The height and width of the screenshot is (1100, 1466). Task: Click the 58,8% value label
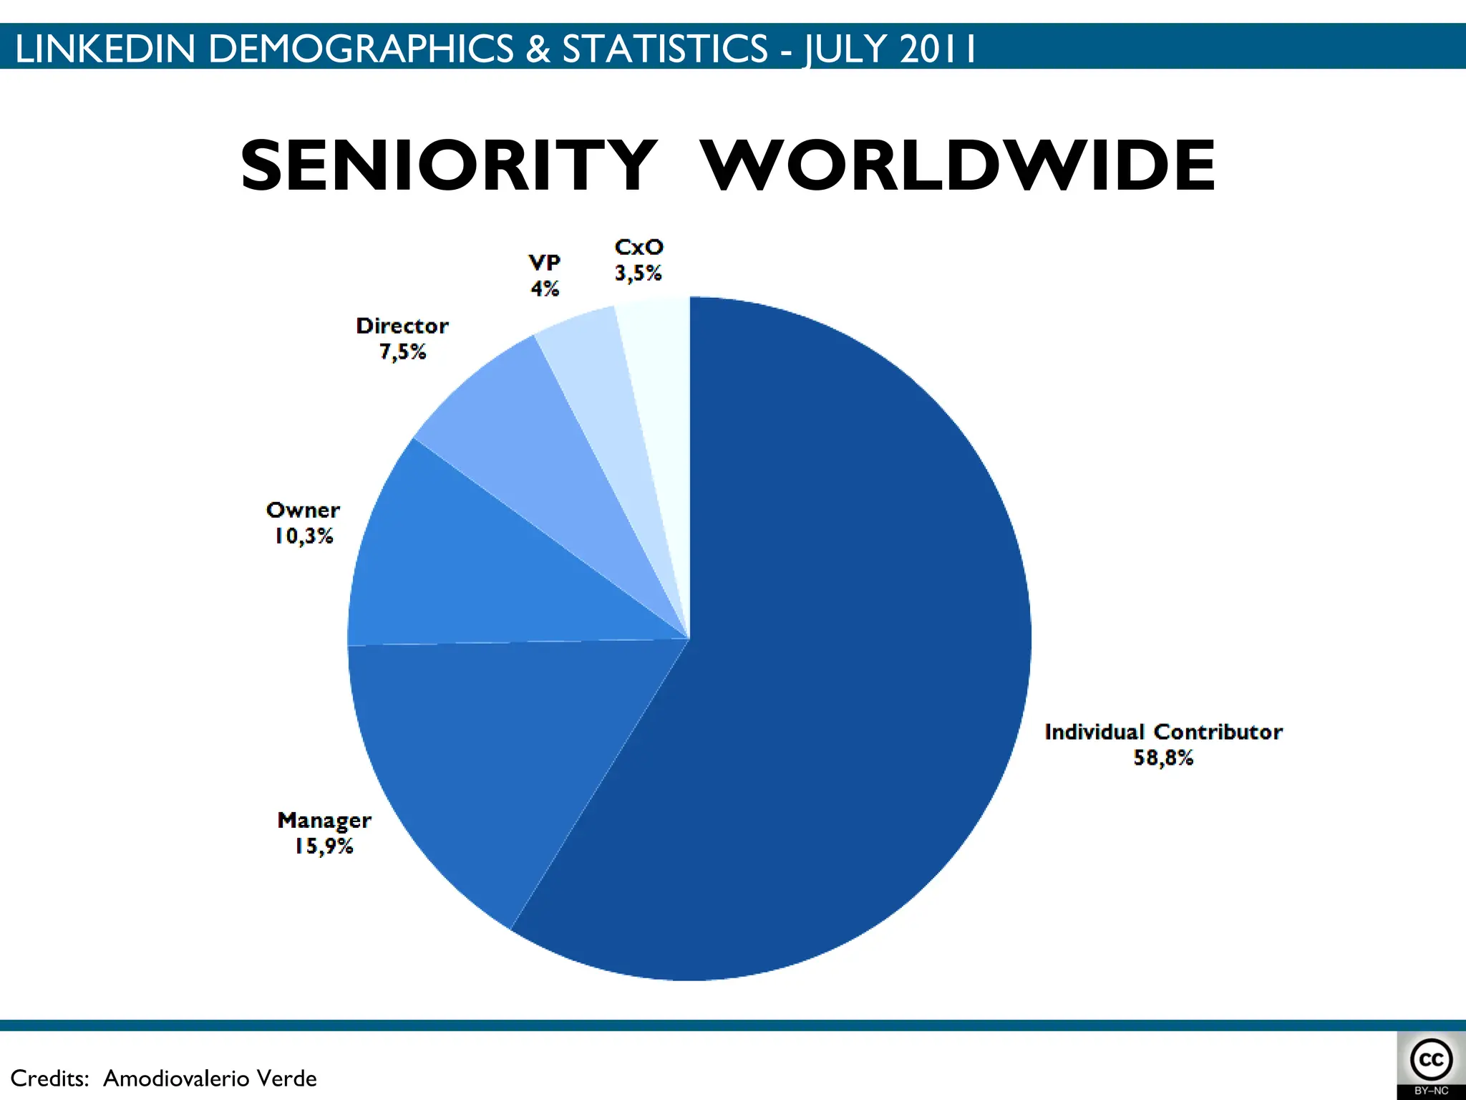(1163, 758)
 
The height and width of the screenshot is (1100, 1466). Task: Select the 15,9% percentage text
(324, 846)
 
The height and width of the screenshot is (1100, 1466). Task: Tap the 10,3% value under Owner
(304, 536)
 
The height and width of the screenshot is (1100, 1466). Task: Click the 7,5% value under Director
(402, 352)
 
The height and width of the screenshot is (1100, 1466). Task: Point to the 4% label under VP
(544, 289)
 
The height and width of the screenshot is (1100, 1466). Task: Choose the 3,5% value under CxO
(638, 273)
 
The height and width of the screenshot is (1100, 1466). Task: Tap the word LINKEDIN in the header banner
(105, 49)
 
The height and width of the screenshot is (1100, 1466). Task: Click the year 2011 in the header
(938, 49)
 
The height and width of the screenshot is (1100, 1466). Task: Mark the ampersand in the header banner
(538, 49)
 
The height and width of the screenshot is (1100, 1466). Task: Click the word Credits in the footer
(49, 1078)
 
